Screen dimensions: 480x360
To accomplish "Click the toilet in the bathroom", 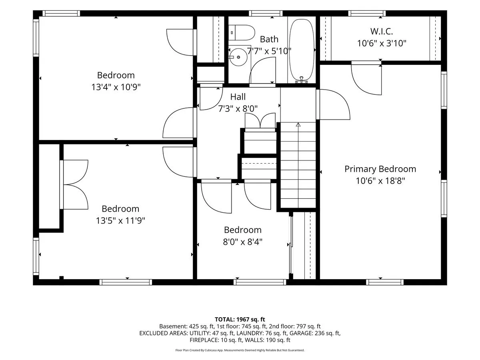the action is click(242, 32).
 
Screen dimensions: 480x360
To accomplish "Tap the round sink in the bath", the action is click(238, 57).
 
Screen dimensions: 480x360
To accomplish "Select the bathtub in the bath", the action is click(302, 50).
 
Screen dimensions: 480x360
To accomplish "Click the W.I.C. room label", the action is click(382, 32).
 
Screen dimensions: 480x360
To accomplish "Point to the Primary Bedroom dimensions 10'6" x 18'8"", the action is click(380, 181).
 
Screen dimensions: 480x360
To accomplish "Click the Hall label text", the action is click(238, 97).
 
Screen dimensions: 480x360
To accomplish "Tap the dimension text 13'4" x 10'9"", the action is click(116, 87).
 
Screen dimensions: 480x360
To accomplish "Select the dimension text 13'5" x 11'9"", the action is click(120, 220).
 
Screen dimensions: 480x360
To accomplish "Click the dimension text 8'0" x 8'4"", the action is click(243, 242).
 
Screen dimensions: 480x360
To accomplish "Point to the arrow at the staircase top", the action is click(298, 125).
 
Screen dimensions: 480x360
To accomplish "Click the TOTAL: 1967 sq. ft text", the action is click(240, 320).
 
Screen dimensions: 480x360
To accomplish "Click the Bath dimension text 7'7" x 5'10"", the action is click(269, 51).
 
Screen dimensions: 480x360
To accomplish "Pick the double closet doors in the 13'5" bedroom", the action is click(76, 185).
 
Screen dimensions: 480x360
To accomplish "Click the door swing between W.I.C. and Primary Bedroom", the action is click(366, 79).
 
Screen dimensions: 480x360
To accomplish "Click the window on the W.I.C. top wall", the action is click(367, 13).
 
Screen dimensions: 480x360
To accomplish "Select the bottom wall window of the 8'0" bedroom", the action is click(260, 282).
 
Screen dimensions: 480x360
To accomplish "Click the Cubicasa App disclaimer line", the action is click(240, 350).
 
